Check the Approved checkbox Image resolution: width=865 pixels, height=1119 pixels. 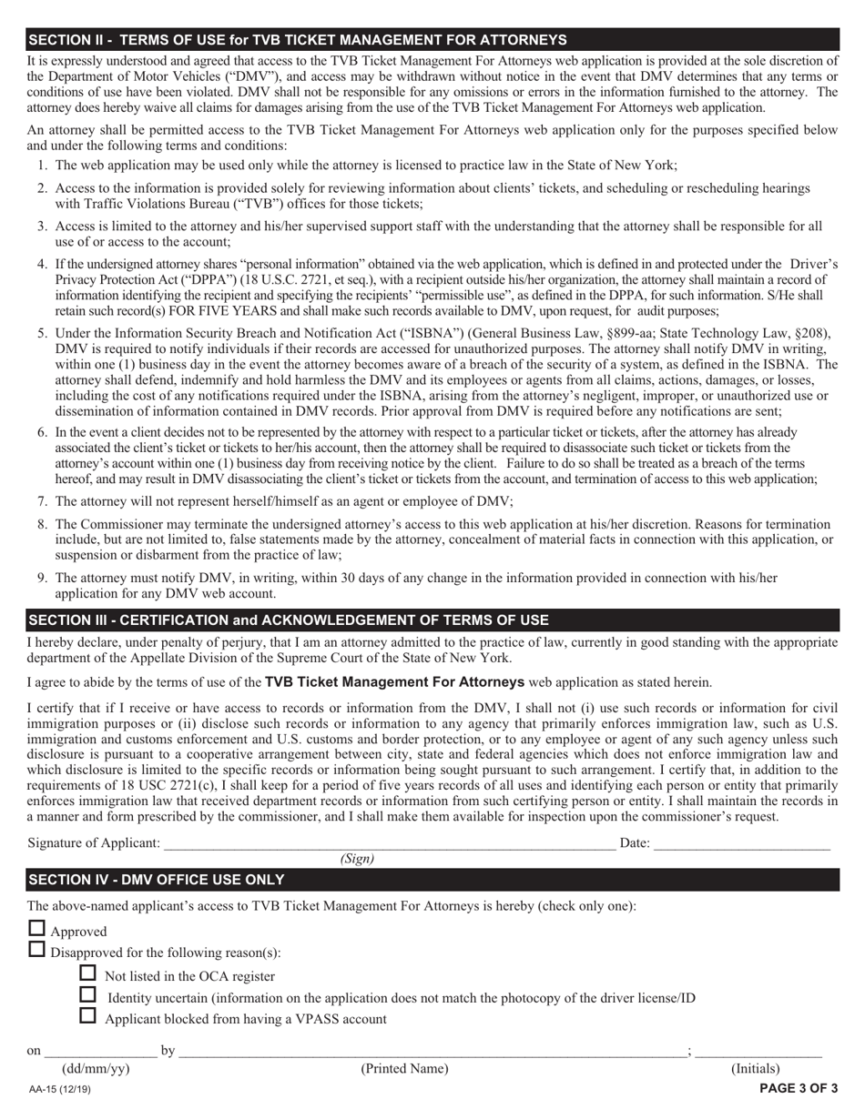point(36,929)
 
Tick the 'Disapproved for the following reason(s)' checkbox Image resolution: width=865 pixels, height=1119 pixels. point(36,950)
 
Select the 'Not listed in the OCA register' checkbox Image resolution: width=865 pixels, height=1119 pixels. point(88,973)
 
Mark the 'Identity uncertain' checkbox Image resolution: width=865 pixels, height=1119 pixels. point(88,994)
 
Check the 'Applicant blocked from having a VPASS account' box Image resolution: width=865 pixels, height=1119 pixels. point(88,1016)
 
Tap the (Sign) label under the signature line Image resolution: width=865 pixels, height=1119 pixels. point(357,859)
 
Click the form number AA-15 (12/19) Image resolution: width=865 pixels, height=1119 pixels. point(59,1089)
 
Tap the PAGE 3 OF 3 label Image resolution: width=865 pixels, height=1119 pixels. point(799,1088)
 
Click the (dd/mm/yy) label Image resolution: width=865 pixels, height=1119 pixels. point(95,1069)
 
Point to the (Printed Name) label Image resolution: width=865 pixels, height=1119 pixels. point(404,1069)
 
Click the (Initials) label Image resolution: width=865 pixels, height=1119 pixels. point(756,1069)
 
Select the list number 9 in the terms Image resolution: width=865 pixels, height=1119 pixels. point(42,578)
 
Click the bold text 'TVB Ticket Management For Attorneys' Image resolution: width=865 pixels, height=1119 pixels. point(394,681)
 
